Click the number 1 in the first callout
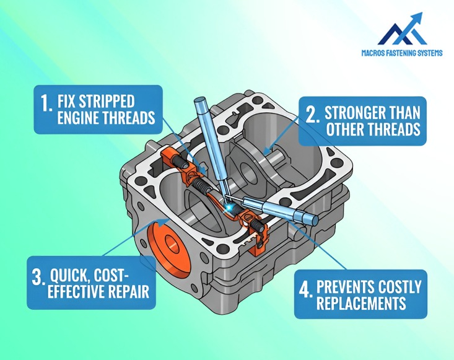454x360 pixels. point(46,103)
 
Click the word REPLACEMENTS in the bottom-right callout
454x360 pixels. point(361,304)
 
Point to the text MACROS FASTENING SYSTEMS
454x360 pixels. point(402,53)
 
